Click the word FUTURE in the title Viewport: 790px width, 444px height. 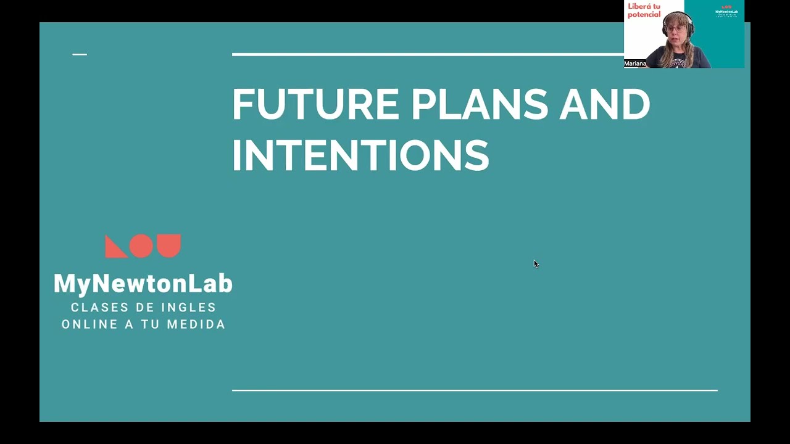(x=315, y=104)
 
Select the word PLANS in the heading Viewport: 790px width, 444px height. (x=479, y=104)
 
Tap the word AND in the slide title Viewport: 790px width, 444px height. (x=604, y=104)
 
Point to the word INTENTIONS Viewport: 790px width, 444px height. (x=360, y=155)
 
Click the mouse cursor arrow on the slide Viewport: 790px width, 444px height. (x=535, y=263)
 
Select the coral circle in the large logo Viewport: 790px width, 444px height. (x=141, y=246)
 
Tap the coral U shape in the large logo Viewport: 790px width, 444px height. (x=168, y=245)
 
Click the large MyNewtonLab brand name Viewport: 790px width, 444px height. (x=143, y=284)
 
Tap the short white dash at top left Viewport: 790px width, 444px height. (x=80, y=54)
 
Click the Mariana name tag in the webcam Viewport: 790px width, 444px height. (x=635, y=64)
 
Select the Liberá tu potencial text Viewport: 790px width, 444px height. (x=644, y=10)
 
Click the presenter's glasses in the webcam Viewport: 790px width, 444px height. (x=676, y=28)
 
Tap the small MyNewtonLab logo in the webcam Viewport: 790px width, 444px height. (x=726, y=11)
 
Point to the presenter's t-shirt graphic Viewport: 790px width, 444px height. (x=680, y=62)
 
